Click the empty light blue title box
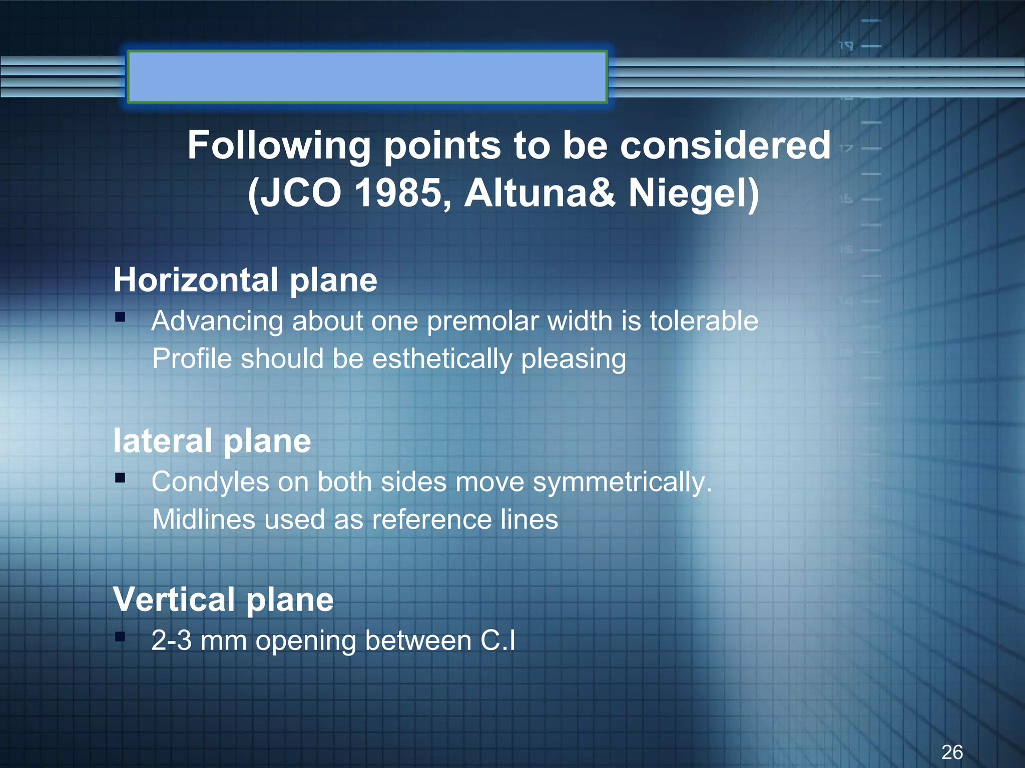tap(367, 77)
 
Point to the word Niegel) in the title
tap(694, 193)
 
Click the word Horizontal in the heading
tap(196, 280)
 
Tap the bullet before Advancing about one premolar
tap(120, 317)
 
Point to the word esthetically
tap(442, 359)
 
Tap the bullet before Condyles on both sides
tap(120, 478)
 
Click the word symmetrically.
tap(622, 482)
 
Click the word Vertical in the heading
tap(174, 599)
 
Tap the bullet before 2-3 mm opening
tap(120, 637)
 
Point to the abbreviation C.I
tap(497, 641)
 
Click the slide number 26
tap(952, 752)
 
